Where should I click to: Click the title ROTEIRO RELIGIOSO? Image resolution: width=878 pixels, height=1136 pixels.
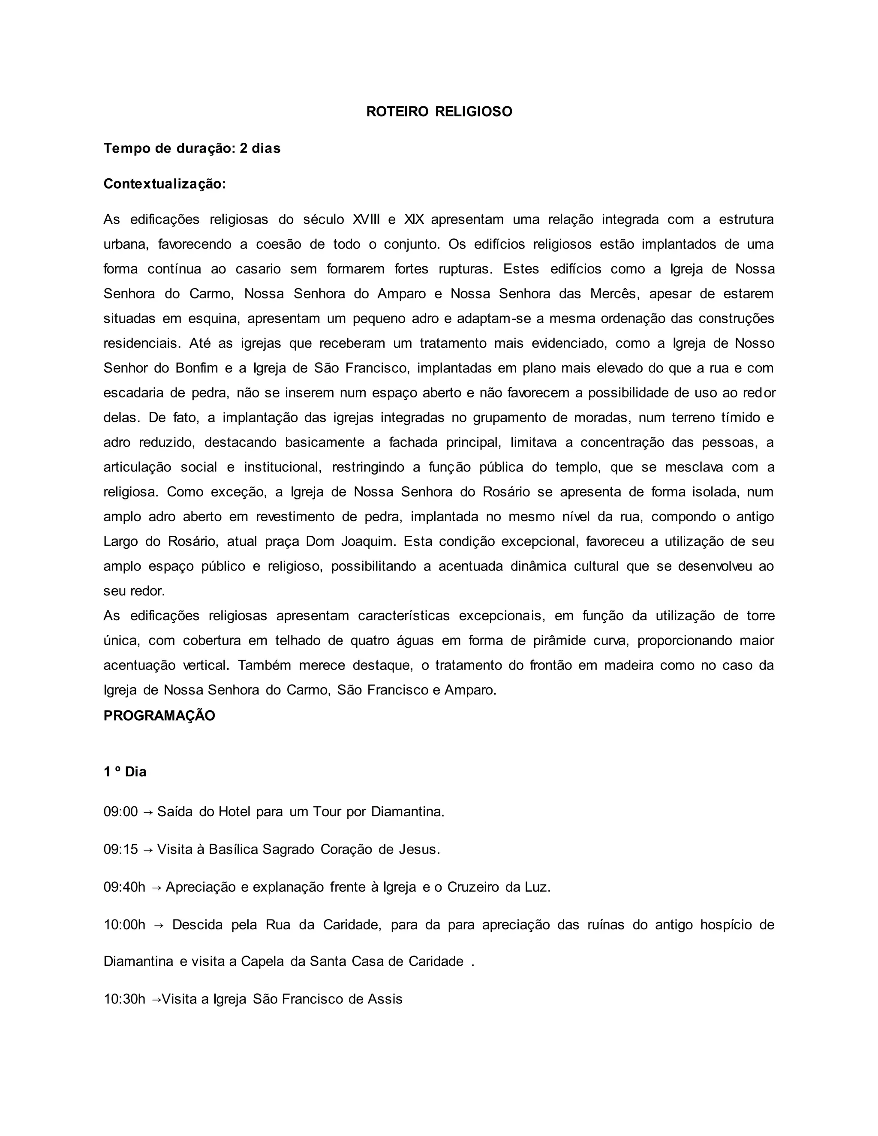(439, 112)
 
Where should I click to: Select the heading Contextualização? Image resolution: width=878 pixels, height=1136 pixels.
(164, 184)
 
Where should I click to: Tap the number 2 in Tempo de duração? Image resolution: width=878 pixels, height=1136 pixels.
(243, 149)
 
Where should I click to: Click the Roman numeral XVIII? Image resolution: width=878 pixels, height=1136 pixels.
(366, 219)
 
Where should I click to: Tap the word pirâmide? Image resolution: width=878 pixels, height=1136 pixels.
(559, 640)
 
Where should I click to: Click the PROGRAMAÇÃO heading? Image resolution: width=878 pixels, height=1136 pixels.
(159, 716)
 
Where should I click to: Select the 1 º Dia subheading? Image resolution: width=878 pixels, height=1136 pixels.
(125, 772)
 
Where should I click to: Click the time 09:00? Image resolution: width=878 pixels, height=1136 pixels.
(120, 812)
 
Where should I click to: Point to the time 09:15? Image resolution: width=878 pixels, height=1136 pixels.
(120, 849)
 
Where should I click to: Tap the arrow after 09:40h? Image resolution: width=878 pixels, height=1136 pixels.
(156, 887)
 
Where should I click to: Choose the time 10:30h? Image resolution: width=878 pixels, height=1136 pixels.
(124, 999)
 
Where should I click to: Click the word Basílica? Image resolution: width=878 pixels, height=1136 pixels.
(234, 849)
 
